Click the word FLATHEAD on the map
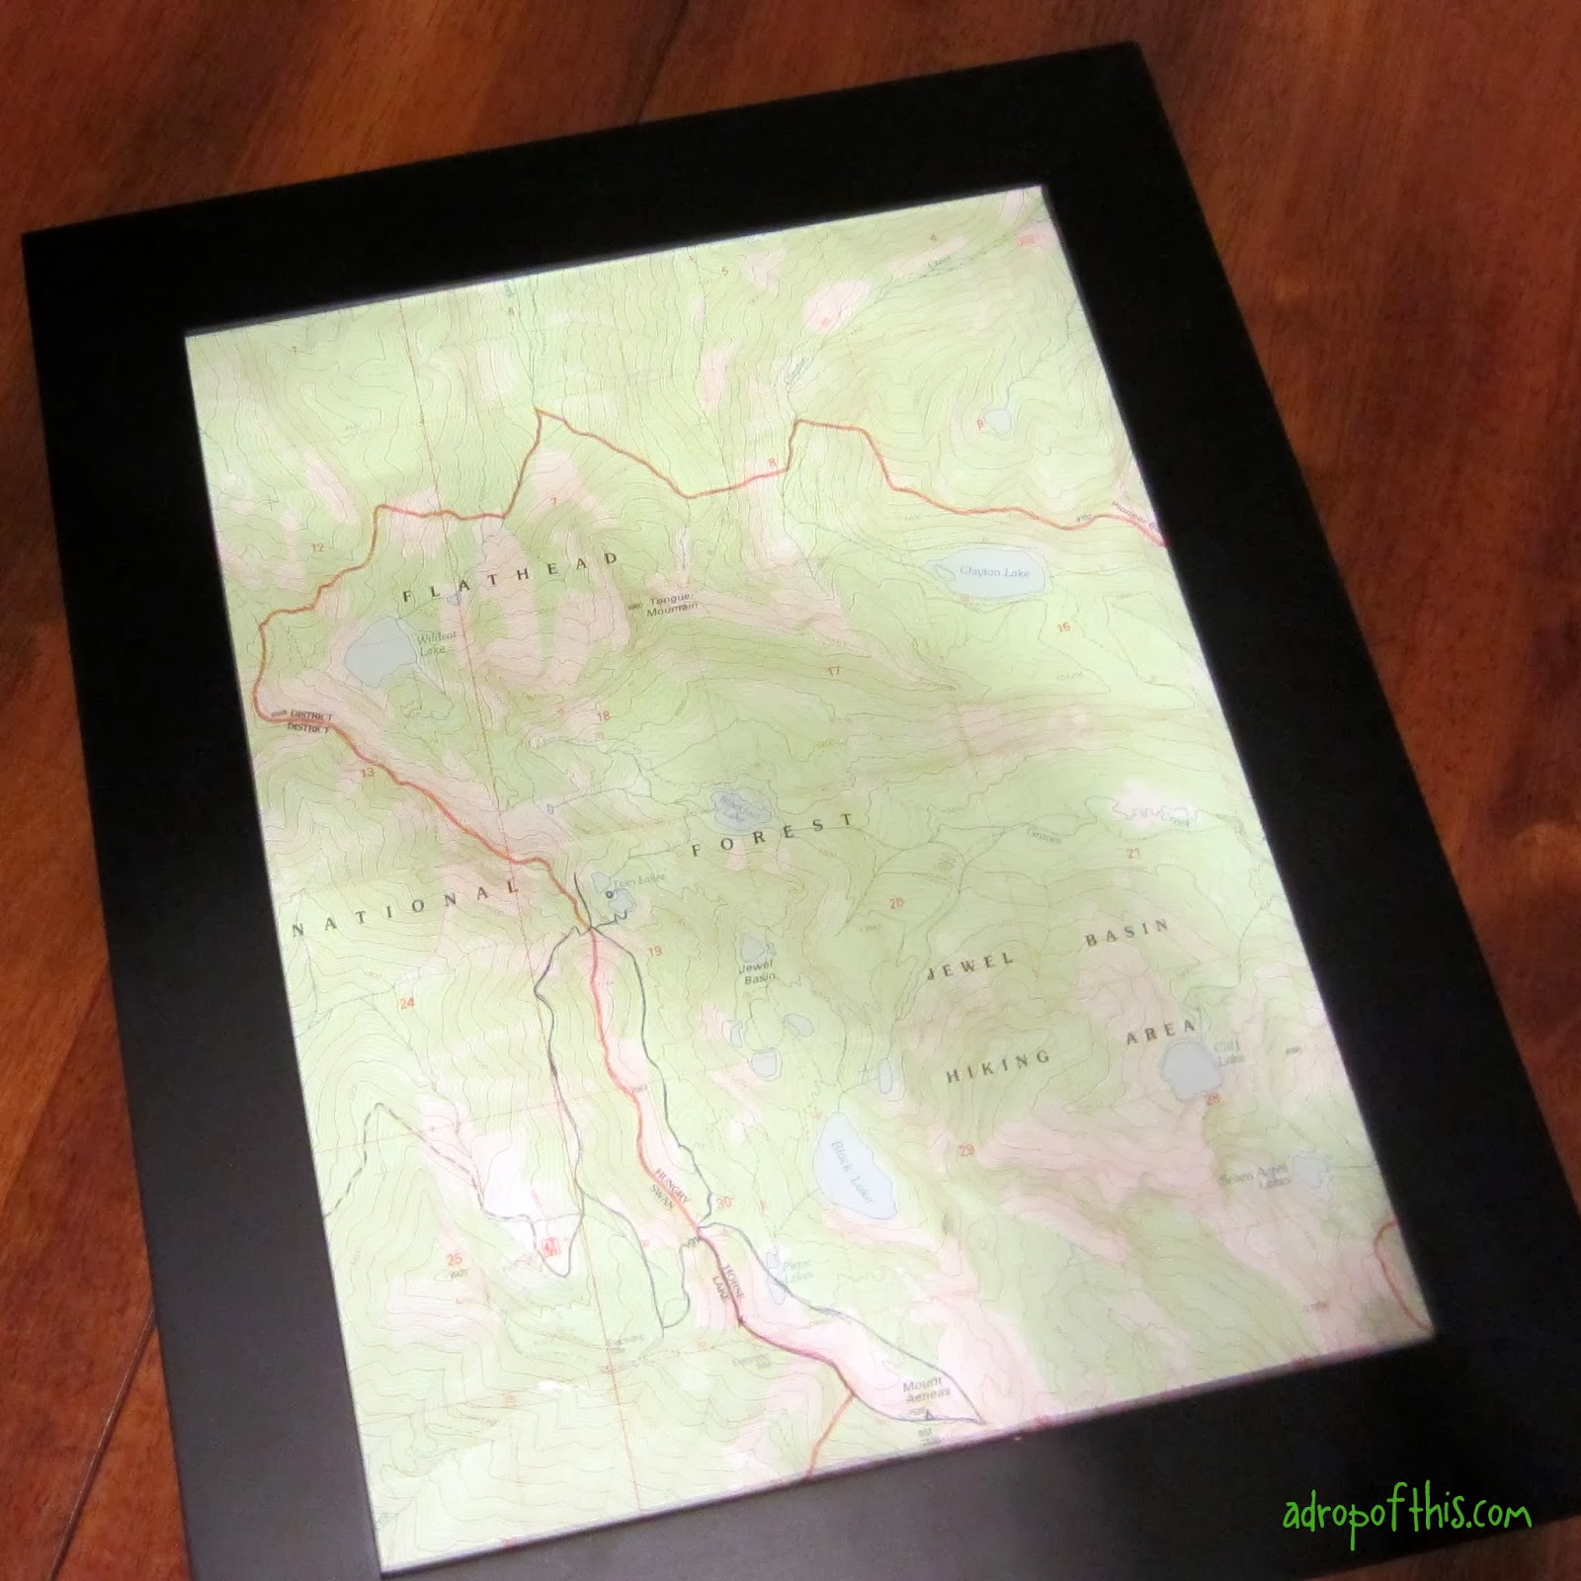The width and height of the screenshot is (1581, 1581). (x=511, y=578)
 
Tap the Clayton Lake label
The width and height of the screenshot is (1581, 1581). (x=994, y=572)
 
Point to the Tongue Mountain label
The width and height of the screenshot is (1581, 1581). (x=673, y=604)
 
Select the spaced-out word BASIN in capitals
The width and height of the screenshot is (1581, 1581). (x=1127, y=934)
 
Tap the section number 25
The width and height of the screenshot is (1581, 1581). (x=454, y=1260)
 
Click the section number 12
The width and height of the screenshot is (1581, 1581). (x=318, y=547)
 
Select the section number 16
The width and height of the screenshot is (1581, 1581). (x=1063, y=627)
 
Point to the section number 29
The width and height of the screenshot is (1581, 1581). (x=966, y=1149)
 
